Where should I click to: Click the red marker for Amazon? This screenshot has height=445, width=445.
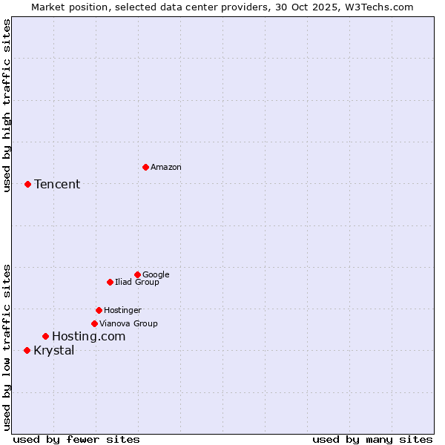tap(145, 167)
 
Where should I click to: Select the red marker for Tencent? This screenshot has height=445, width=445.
tap(27, 184)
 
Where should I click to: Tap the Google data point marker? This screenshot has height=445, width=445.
tap(137, 274)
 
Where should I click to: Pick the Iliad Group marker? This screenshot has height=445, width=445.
tap(110, 282)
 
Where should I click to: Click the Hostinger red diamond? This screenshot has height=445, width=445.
tap(99, 310)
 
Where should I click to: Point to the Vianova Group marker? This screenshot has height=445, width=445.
tap(94, 323)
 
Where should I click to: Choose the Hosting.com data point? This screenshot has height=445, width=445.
tap(45, 336)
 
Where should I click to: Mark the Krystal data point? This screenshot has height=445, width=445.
tap(27, 350)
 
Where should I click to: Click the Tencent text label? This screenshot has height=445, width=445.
tap(57, 184)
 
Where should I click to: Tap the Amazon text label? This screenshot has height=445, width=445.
tap(165, 167)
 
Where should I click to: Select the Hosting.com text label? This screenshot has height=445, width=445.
tap(88, 336)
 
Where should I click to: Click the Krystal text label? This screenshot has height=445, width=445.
tap(54, 350)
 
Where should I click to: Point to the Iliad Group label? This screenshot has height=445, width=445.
tap(136, 282)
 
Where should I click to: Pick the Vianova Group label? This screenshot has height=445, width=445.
tap(128, 323)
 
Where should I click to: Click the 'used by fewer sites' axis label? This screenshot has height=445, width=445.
tap(76, 439)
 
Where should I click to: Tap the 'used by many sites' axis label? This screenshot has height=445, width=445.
tap(372, 439)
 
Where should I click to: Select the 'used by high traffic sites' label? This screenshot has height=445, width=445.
tap(7, 105)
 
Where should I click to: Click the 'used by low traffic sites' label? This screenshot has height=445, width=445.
tap(7, 346)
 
